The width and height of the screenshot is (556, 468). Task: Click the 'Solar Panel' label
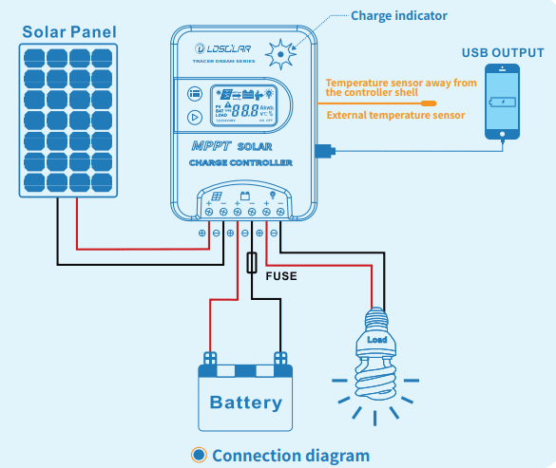(69, 32)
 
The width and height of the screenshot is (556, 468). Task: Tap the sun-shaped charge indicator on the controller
(280, 55)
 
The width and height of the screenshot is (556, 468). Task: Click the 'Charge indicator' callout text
(398, 15)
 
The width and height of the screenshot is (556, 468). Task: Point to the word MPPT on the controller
(210, 147)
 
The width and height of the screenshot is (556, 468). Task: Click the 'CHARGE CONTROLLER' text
(240, 163)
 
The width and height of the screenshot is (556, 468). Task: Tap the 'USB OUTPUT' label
(503, 52)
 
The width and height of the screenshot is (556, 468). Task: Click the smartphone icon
(501, 103)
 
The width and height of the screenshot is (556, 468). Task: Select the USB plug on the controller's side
(324, 150)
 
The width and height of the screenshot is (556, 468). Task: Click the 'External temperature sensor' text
(394, 116)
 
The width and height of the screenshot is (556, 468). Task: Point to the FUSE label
(280, 277)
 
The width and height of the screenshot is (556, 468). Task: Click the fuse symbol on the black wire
(251, 263)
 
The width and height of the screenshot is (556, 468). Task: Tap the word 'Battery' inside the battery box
(245, 402)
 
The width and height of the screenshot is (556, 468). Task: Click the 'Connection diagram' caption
(290, 455)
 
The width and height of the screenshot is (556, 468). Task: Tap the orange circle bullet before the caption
(199, 455)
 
